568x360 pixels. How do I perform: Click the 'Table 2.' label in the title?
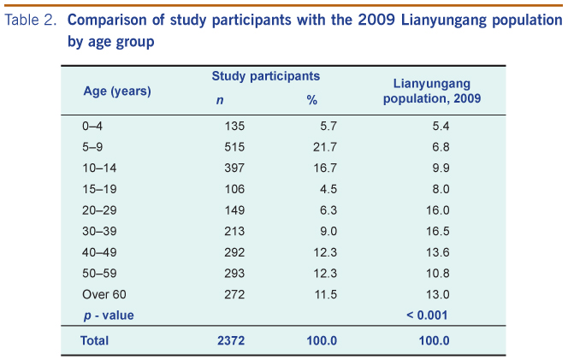point(31,20)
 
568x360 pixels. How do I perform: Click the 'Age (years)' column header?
point(117,91)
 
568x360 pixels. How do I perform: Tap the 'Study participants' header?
point(266,76)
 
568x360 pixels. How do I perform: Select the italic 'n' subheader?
point(219,100)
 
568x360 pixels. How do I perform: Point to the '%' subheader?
point(311,100)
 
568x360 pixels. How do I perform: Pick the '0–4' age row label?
point(92,126)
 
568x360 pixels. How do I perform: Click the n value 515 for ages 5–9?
point(234,146)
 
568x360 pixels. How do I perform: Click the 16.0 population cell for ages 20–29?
point(438,210)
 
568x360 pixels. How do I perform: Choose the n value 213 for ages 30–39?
point(234,231)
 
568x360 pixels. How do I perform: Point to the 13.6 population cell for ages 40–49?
point(438,251)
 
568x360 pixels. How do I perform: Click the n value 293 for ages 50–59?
point(234,273)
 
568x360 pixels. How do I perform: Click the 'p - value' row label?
point(108,315)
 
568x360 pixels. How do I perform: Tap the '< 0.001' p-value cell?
point(428,315)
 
